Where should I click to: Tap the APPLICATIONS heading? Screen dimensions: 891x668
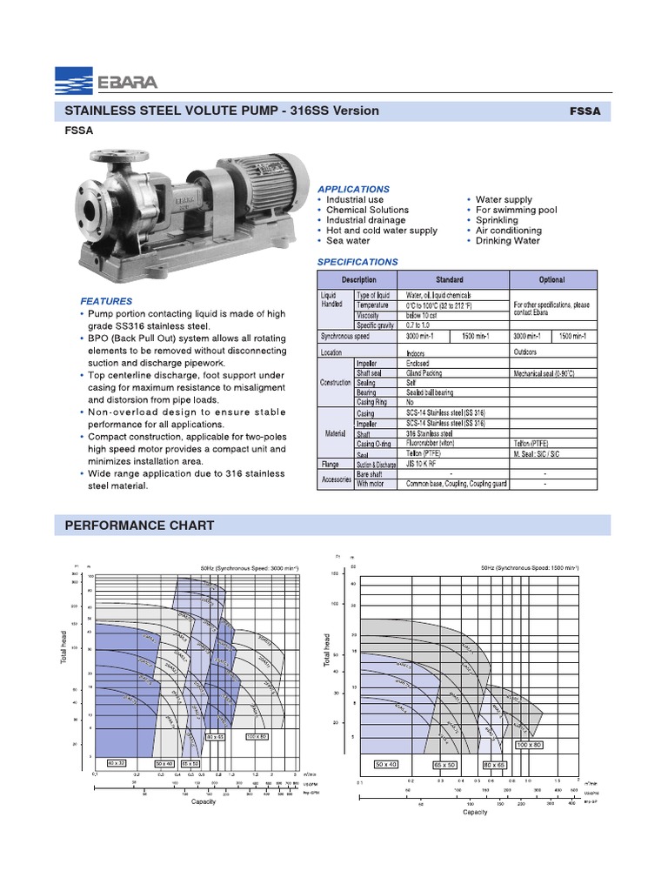[353, 189]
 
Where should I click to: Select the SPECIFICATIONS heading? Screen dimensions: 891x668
[357, 262]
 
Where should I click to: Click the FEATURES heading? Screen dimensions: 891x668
[106, 301]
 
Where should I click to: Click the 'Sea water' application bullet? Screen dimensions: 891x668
[348, 241]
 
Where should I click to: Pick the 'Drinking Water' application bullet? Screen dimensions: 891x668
[508, 241]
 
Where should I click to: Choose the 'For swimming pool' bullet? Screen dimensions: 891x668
[516, 210]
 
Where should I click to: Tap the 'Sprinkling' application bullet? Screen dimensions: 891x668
[497, 220]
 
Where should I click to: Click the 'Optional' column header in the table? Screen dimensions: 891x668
[552, 280]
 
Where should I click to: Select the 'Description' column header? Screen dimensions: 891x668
[359, 280]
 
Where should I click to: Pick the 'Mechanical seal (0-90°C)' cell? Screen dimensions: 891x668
[544, 372]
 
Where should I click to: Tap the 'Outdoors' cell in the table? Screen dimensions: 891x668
[525, 352]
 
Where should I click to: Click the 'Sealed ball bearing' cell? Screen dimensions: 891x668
[431, 392]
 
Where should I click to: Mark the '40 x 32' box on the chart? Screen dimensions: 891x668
[117, 762]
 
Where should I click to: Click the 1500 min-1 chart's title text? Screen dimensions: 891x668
[529, 567]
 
